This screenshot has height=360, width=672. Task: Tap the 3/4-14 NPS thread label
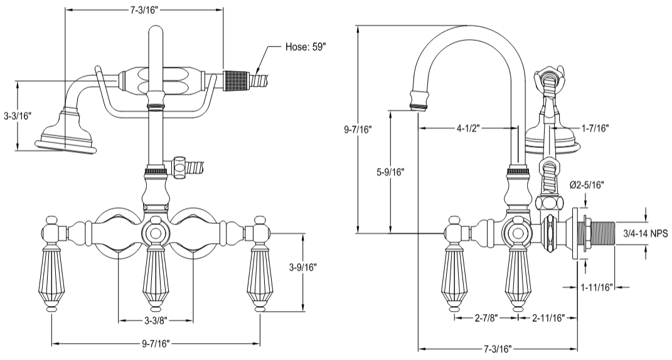tap(644, 233)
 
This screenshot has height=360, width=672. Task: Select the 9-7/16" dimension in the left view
tap(155, 343)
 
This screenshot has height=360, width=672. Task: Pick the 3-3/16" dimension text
tap(17, 116)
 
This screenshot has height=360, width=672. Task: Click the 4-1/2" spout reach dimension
tap(468, 128)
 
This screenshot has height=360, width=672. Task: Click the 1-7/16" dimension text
tap(594, 128)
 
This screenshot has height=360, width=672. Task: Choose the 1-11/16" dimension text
tap(595, 288)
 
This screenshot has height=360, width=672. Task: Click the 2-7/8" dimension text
tap(486, 317)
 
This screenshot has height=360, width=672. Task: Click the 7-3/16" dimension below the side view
tap(498, 348)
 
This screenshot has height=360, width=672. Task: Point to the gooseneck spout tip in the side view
tap(420, 100)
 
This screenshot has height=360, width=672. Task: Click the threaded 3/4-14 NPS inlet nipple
tap(599, 233)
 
